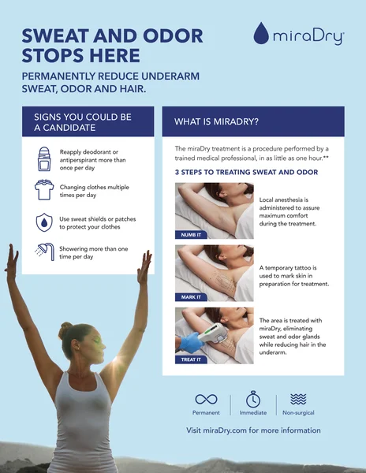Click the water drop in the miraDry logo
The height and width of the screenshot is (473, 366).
tap(261, 33)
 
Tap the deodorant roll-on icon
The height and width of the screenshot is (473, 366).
tap(44, 159)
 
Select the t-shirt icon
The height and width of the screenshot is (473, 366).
tap(44, 190)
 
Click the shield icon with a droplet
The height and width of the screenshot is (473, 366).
tap(44, 222)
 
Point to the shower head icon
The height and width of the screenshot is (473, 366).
tap(45, 251)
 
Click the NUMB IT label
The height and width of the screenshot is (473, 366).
tap(191, 235)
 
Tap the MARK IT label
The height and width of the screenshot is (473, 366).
tap(191, 297)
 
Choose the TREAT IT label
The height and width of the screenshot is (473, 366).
tap(191, 359)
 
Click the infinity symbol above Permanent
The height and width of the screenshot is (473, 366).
tap(206, 399)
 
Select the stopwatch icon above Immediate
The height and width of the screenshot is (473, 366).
tap(253, 399)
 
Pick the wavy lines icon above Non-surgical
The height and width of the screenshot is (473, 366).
tap(298, 399)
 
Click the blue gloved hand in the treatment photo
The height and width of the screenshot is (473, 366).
tap(189, 342)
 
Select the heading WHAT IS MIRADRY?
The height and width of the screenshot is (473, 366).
tap(216, 121)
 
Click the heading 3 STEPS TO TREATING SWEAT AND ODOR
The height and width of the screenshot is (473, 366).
tap(247, 172)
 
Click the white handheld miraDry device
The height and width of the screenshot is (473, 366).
tap(213, 333)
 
